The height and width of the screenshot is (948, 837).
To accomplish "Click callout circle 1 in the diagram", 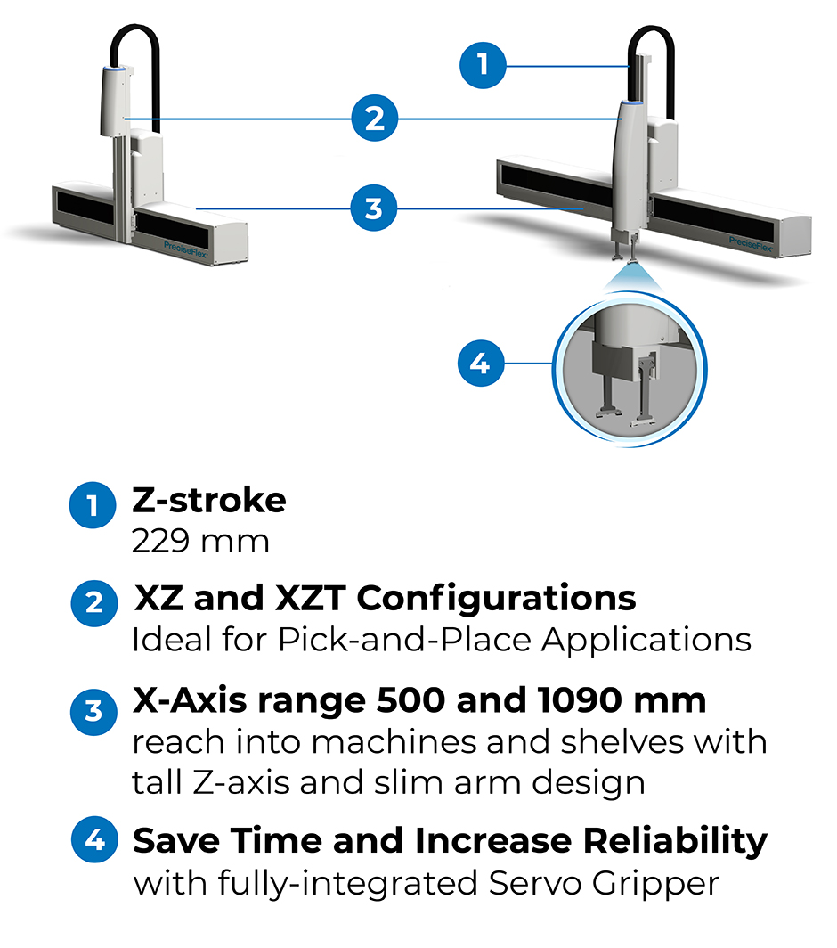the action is point(483,65).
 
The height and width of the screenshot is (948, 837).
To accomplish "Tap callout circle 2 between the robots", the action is point(375,118).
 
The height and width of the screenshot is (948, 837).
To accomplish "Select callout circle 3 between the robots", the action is point(374,208).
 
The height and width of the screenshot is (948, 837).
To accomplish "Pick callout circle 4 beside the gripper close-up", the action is point(481,364).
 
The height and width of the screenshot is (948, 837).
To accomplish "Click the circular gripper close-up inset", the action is point(630,370).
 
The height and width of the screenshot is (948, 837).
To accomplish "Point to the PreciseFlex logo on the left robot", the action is point(185,249).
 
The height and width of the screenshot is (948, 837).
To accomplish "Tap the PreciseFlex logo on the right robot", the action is point(750,244).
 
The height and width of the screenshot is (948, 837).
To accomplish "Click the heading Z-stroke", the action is point(209,501).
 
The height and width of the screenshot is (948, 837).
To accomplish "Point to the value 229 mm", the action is point(200,541).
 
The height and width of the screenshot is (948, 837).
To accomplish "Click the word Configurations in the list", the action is point(496,599).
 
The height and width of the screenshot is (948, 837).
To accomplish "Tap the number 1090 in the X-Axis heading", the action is point(579,700).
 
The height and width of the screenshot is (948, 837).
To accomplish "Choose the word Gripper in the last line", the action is point(655,884).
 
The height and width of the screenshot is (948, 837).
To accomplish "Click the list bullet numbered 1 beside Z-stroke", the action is point(93,505).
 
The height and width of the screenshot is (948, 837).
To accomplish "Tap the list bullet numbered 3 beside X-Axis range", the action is point(93,712).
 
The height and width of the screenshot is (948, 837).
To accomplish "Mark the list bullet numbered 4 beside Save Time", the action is point(95,840).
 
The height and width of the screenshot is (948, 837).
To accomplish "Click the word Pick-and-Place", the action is point(404,640).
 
